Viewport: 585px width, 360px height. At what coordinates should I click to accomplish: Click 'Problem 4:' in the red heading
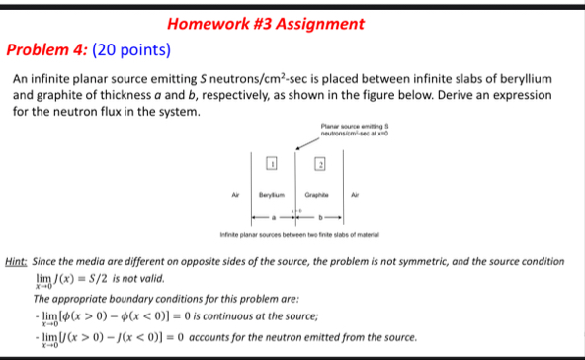(45, 49)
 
